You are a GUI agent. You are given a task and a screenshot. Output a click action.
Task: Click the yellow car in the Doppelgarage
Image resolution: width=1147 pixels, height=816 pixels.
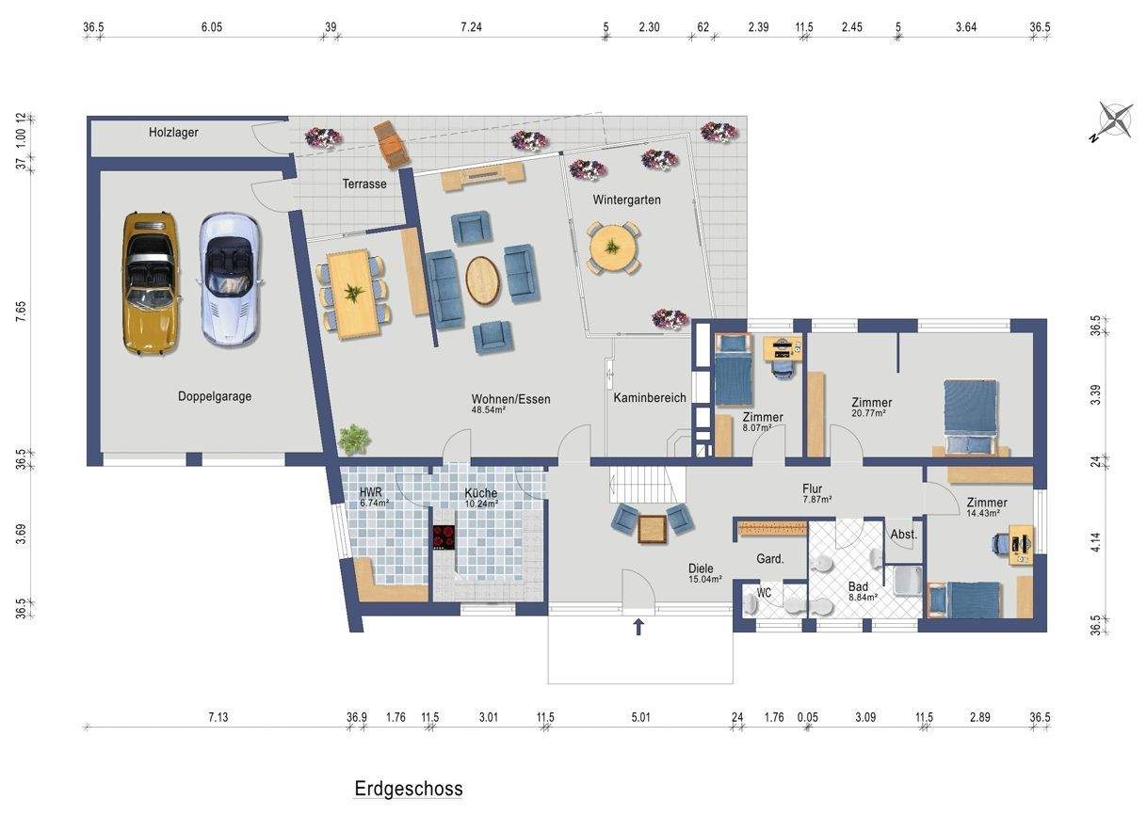click(x=151, y=283)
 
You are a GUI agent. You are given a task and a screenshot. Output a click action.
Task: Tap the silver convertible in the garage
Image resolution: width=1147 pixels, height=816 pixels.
click(x=229, y=280)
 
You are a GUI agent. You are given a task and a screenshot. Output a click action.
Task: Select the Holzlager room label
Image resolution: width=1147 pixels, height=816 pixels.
click(x=173, y=132)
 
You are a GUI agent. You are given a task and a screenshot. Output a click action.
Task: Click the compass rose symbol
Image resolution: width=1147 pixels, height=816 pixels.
click(x=1114, y=122)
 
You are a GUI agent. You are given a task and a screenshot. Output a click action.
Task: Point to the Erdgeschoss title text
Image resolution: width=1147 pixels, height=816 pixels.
click(x=409, y=789)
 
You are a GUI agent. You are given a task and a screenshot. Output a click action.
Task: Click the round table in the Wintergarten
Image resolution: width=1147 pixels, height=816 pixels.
click(x=612, y=248)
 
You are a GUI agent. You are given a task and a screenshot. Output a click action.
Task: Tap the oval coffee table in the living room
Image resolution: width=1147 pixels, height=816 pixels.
click(x=482, y=281)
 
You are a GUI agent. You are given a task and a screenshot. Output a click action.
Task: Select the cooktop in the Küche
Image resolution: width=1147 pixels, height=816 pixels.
click(x=444, y=537)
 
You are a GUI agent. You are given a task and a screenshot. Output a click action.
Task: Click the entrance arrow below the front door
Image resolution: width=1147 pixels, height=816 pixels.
click(x=638, y=627)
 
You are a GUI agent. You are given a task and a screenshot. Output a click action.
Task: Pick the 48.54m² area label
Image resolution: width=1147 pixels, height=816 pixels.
click(x=489, y=409)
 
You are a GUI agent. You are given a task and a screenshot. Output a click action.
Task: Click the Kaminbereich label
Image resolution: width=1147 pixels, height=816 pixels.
click(x=650, y=398)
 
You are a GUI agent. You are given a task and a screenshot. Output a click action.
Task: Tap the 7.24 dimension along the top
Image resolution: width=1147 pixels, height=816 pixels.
click(x=471, y=26)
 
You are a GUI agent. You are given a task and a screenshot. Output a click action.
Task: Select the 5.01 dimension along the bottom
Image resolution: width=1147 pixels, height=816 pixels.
click(x=640, y=717)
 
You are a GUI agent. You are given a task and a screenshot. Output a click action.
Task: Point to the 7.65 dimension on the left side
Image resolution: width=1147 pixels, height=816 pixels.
click(x=20, y=312)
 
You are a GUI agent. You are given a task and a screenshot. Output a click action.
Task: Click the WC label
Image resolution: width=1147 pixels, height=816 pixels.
click(x=764, y=593)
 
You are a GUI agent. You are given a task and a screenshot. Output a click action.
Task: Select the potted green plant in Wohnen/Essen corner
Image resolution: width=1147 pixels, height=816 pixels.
click(x=353, y=439)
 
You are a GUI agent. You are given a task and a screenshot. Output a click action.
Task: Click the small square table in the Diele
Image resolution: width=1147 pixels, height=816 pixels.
click(x=652, y=529)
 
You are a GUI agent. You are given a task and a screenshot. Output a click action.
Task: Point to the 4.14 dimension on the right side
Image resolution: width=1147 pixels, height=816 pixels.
click(x=1096, y=542)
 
